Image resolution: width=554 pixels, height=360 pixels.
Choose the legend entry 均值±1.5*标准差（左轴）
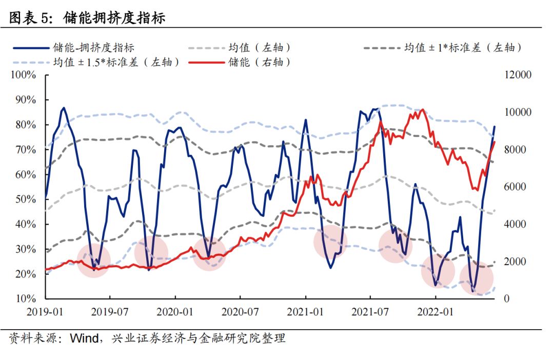[116, 63]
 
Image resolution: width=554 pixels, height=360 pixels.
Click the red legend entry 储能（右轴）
[260, 63]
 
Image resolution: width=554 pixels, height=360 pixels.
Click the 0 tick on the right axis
[506, 298]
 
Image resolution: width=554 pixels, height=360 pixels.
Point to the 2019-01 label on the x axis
[46, 311]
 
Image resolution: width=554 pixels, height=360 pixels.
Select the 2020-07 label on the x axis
[240, 311]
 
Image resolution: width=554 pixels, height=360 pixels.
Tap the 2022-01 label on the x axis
[436, 311]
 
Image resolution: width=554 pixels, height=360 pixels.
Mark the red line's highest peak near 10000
[422, 109]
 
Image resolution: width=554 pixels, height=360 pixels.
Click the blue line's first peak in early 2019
[64, 108]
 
